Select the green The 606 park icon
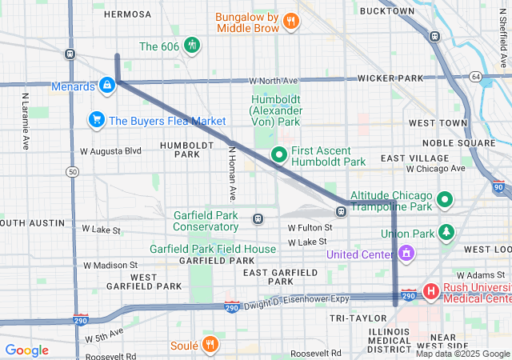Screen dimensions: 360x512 click(192, 46)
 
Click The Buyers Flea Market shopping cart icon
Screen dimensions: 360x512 click(97, 120)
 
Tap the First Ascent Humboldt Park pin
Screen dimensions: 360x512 click(279, 154)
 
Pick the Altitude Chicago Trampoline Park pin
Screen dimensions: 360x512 click(446, 199)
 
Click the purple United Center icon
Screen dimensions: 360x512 click(406, 254)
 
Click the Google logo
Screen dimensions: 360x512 click(26, 350)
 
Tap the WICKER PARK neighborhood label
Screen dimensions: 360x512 click(390, 78)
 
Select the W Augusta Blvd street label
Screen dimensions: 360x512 click(110, 150)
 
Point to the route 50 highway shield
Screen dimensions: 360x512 click(74, 172)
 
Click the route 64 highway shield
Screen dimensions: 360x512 click(476, 77)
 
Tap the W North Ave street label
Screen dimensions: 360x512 click(273, 81)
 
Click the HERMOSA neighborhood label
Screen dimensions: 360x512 click(127, 14)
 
